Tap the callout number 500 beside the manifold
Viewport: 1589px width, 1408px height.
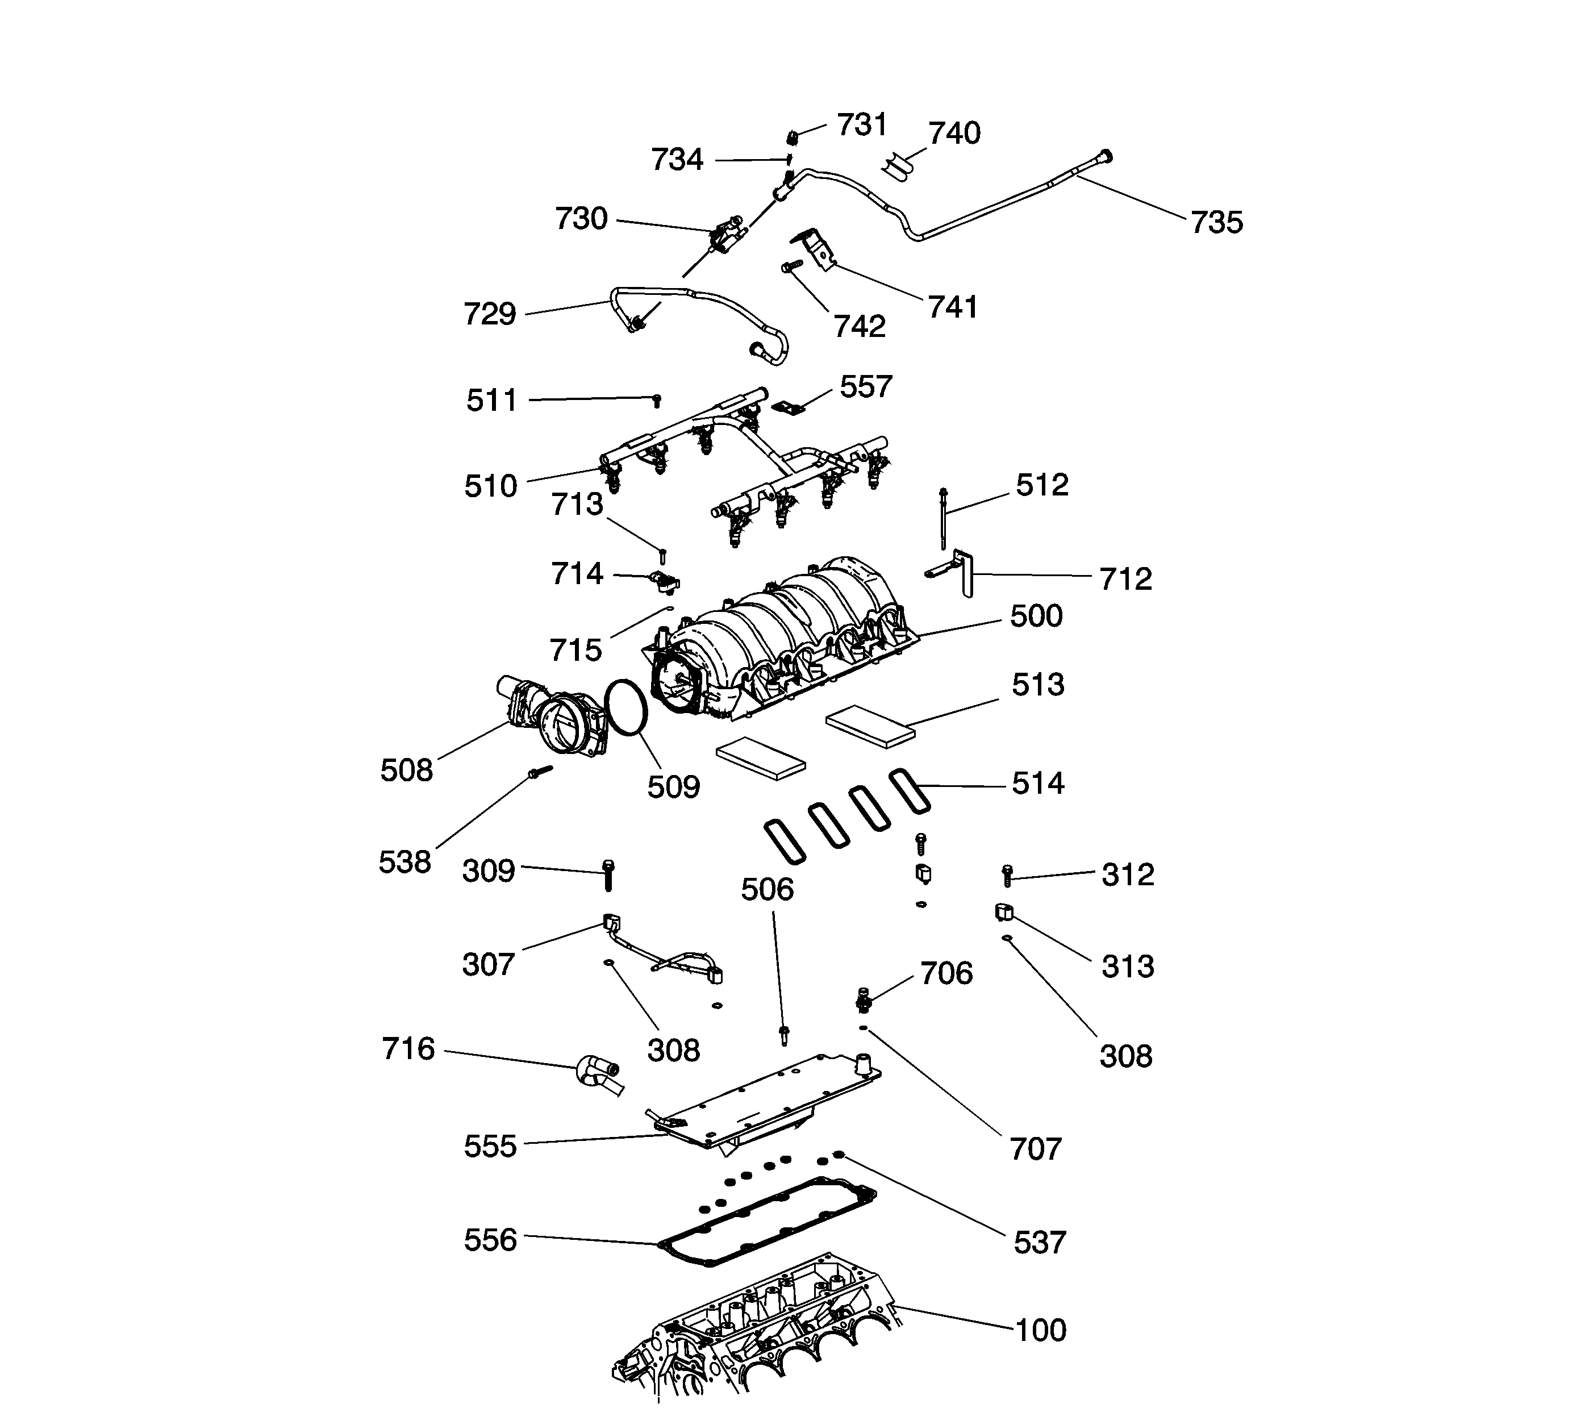click(1036, 616)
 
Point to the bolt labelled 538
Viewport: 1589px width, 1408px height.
click(539, 773)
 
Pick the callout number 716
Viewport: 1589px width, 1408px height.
click(408, 1049)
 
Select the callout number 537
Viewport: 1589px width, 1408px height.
click(1040, 1243)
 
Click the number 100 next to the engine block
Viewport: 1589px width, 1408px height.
click(1041, 1330)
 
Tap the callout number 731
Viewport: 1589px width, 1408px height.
click(861, 125)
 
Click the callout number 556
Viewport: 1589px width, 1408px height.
click(490, 1240)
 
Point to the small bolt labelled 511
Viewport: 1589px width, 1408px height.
click(657, 399)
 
